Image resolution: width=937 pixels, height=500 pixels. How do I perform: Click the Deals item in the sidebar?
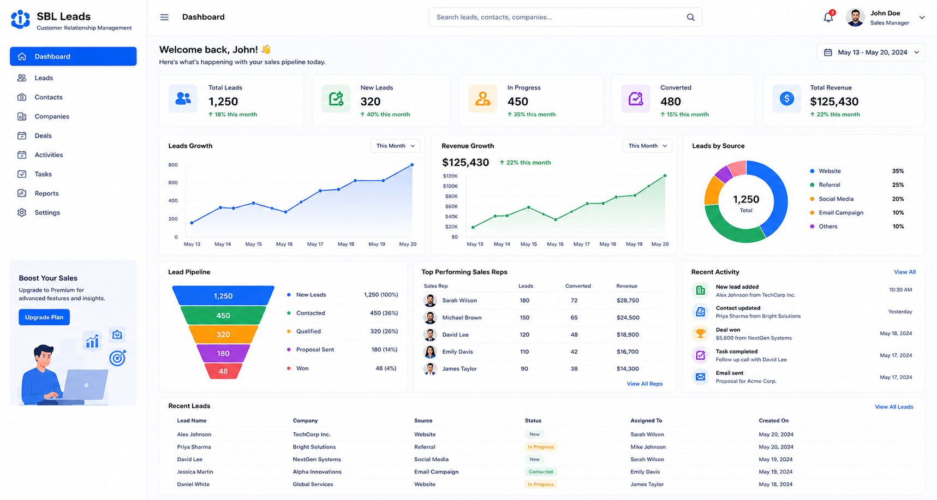pos(43,135)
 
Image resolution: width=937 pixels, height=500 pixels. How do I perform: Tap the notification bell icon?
pos(828,17)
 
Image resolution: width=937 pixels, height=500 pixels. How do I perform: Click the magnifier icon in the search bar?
pos(690,17)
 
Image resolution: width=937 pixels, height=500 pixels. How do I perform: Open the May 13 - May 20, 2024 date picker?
pos(871,52)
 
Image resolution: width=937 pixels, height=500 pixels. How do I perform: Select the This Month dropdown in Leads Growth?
pos(395,146)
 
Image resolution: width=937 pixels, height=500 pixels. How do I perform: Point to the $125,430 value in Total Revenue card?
pos(834,102)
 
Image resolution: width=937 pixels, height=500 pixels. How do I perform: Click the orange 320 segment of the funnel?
pos(223,335)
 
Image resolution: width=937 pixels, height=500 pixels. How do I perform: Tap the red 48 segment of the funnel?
pos(223,371)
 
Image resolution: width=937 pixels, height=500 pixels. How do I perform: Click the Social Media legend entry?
pos(835,199)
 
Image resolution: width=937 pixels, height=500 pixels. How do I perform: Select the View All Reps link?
pos(644,384)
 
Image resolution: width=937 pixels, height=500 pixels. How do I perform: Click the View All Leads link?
pos(894,407)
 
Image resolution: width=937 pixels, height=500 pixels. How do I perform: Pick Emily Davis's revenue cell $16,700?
pos(628,352)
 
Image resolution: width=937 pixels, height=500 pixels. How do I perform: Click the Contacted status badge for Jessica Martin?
pos(540,472)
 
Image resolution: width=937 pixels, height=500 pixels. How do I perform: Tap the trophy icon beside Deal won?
pos(700,334)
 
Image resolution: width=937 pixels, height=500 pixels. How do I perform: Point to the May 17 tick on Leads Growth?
pos(315,244)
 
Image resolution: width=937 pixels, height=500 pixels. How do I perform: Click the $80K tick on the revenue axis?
pos(451,197)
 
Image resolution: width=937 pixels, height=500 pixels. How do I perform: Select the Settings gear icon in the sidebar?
pos(22,212)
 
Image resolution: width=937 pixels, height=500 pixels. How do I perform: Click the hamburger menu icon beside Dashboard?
pos(164,17)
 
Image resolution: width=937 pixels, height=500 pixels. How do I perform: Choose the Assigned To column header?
pos(646,421)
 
